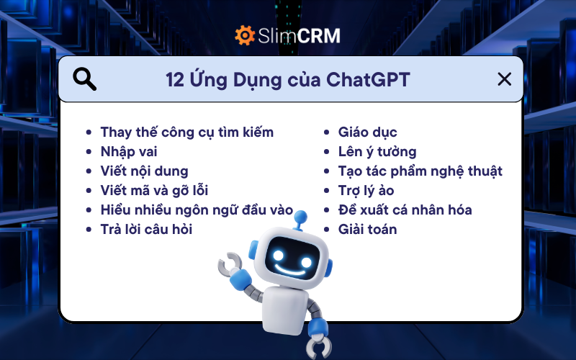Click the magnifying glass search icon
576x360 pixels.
[85, 79]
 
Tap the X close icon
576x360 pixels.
[505, 79]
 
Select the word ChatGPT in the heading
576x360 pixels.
[368, 79]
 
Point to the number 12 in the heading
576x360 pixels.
[176, 79]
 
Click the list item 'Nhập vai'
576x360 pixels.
[129, 152]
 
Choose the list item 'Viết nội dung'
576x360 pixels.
[144, 171]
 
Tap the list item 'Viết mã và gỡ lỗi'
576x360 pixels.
[154, 191]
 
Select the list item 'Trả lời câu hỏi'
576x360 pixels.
[146, 230]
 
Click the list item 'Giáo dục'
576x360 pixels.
[367, 132]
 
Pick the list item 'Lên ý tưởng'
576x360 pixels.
[377, 152]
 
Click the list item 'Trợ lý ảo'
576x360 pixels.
[366, 191]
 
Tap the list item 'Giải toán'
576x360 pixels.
[367, 230]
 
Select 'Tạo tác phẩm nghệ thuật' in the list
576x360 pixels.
[420, 171]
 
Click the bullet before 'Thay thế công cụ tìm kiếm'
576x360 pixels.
[89, 133]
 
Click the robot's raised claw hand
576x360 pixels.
[230, 264]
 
